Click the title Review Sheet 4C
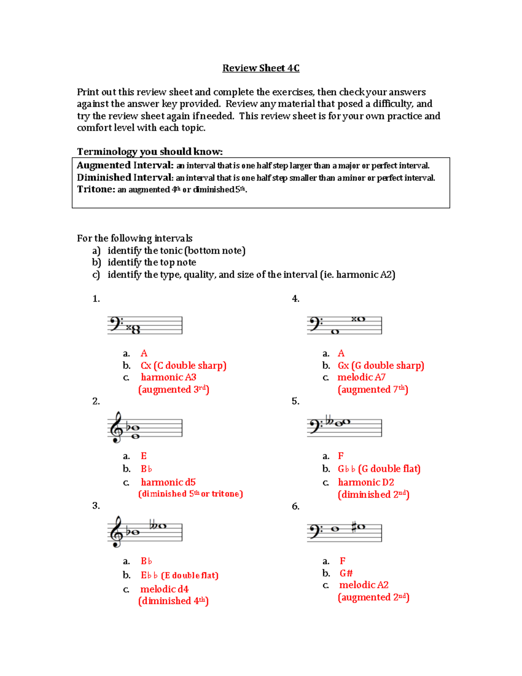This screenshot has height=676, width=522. [261, 68]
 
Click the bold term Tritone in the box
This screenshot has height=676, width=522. [96, 189]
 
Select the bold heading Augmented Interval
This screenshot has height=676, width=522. [125, 165]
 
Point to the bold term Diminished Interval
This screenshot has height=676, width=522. [125, 178]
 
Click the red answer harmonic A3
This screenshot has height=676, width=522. [168, 377]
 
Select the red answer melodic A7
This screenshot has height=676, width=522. [361, 377]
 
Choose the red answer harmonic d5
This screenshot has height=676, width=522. [168, 482]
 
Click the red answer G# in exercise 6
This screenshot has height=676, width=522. [346, 573]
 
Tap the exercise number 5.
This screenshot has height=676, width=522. [295, 401]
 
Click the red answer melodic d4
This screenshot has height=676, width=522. [164, 589]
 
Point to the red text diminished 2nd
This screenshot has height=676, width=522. [374, 494]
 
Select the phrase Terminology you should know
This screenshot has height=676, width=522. [150, 151]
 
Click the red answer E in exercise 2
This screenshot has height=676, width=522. [144, 456]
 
